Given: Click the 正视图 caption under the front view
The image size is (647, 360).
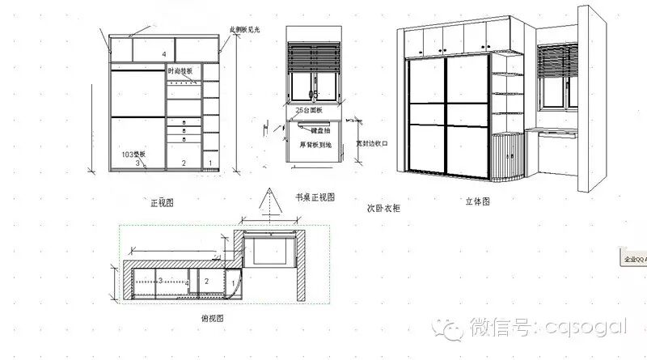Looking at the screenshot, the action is point(162,202).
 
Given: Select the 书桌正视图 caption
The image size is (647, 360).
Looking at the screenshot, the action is point(314,197).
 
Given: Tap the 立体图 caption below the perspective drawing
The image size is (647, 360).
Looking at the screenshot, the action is point(478,202).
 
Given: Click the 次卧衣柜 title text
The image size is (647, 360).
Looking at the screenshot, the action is point(383,208).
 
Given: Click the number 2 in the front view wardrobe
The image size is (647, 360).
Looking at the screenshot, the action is point(184,163).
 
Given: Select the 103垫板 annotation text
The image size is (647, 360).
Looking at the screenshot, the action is point(134,153).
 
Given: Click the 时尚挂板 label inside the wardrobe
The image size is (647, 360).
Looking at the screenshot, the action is point(182,72).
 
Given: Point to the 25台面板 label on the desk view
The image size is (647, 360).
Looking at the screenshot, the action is point(310,109).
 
